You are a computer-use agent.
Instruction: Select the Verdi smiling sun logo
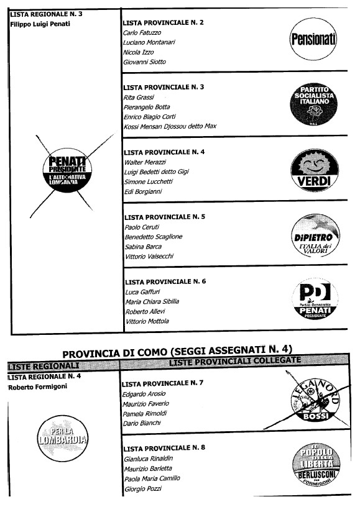(x=314, y=170)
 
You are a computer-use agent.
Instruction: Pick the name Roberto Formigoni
(x=38, y=386)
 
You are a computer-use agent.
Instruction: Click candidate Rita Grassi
(x=139, y=98)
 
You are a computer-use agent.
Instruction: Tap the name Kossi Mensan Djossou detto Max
(x=170, y=127)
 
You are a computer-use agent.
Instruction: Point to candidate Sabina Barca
(x=142, y=247)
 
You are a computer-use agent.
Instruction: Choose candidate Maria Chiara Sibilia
(x=151, y=301)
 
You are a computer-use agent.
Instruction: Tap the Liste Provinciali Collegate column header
(x=235, y=362)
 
